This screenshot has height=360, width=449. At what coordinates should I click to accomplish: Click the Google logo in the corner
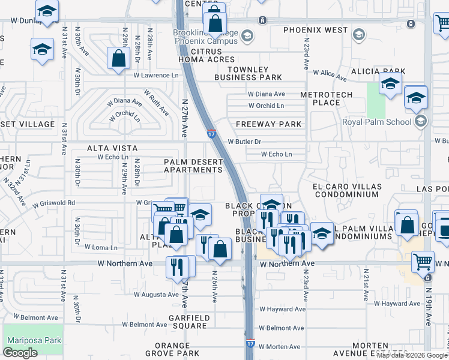pos(20,353)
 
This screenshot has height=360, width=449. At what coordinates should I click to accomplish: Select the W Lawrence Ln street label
pos(156,76)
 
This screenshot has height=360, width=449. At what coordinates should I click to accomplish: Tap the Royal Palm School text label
pos(377,122)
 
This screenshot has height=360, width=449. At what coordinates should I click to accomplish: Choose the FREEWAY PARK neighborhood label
pos(269,124)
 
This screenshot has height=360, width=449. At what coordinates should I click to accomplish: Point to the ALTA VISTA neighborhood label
pos(112,148)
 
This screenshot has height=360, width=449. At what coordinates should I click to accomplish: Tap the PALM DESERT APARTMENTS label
pos(193,166)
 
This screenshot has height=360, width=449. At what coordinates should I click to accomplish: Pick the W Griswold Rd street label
pos(54,203)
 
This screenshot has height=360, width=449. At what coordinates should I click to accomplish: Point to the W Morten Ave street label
pos(279,347)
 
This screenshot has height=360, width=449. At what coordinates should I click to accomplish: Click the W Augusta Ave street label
pos(156,295)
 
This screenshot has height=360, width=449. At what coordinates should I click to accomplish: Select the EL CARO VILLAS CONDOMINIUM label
pos(346,191)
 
